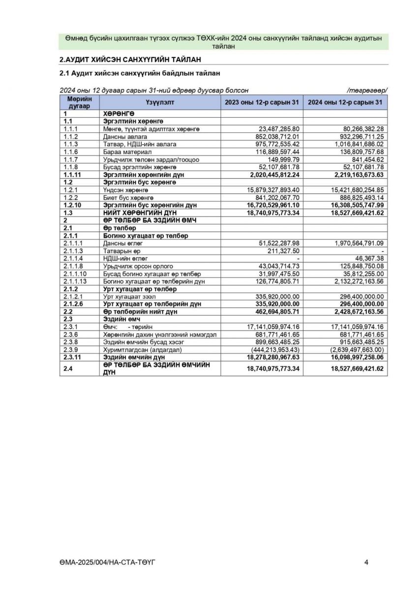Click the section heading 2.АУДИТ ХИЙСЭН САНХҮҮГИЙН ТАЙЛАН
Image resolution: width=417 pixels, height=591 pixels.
[130, 60]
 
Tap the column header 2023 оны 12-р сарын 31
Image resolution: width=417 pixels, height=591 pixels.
[262, 102]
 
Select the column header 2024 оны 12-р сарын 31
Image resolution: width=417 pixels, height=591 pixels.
[345, 102]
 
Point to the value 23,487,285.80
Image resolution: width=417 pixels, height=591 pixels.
[279, 129]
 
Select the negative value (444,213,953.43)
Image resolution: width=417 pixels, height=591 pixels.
[275, 350]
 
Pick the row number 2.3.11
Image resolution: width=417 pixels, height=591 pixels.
[73, 357]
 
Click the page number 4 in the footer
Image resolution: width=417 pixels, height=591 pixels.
[366, 562]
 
